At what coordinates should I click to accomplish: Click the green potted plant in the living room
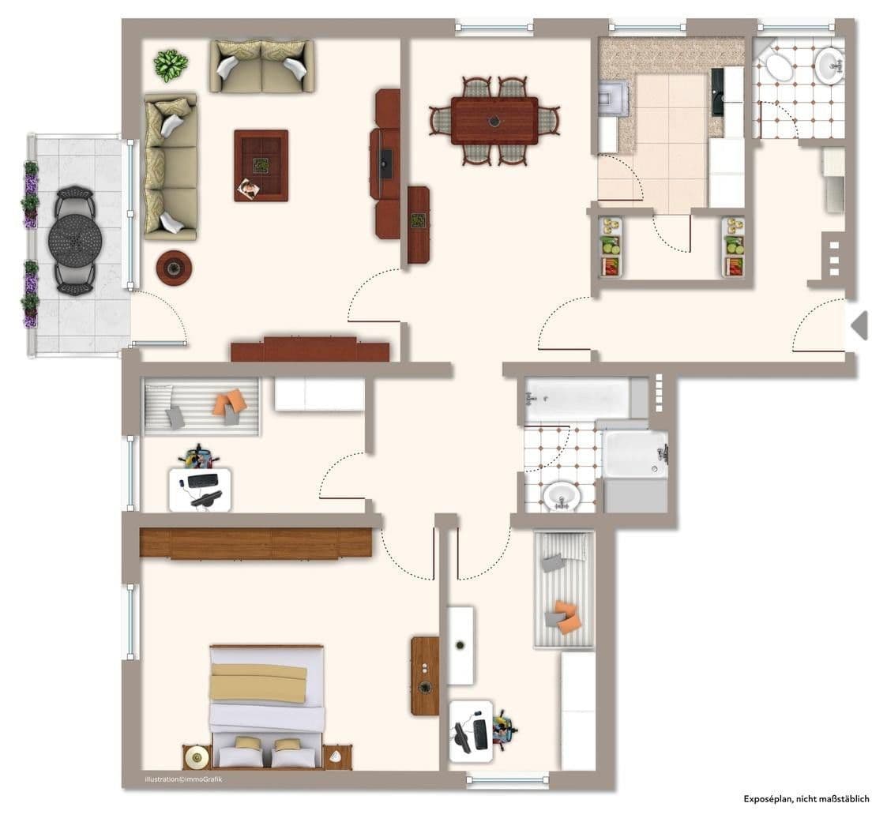click(171, 65)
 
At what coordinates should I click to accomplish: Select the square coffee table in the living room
click(261, 165)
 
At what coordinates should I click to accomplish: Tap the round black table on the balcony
click(74, 240)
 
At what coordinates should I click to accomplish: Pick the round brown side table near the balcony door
click(174, 267)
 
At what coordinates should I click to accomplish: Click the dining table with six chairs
click(494, 121)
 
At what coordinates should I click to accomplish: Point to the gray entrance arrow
click(859, 325)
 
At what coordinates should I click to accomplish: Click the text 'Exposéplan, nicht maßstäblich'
click(806, 798)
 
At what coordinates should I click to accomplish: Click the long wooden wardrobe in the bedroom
click(255, 543)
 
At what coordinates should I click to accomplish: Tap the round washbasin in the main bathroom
click(562, 497)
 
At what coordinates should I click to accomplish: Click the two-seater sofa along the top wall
click(261, 66)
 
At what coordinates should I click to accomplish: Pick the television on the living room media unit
click(385, 163)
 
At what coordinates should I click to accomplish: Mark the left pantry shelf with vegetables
click(610, 246)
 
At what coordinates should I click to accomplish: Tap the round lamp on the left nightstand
click(195, 758)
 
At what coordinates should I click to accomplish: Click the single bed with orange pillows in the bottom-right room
click(564, 589)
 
